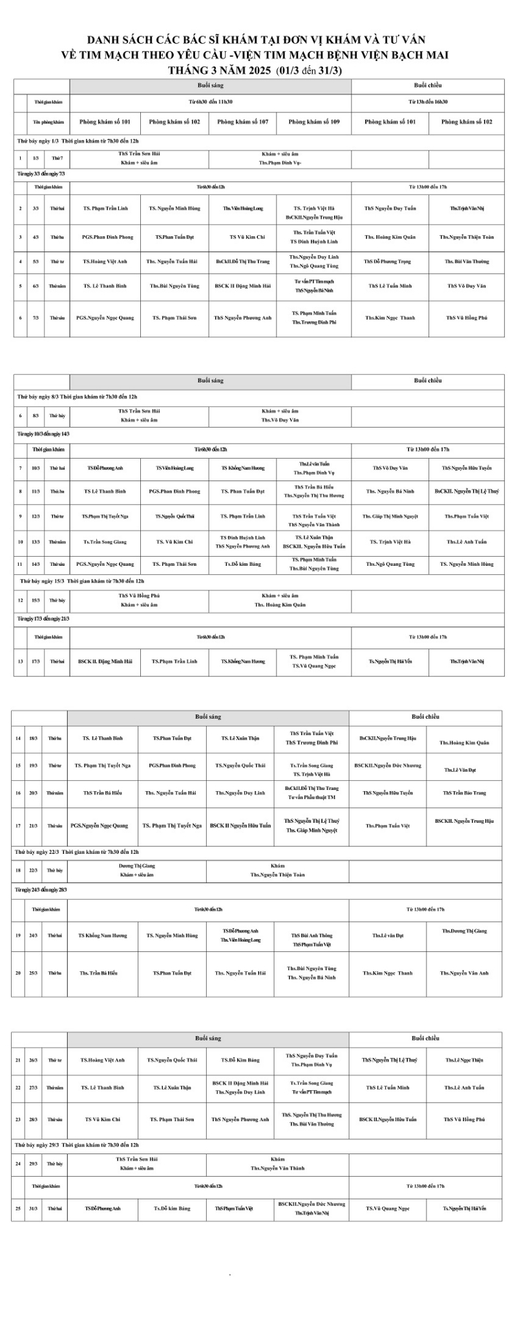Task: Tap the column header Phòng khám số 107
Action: click(243, 121)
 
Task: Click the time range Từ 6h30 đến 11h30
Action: click(211, 101)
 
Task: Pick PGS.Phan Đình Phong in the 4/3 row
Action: click(107, 237)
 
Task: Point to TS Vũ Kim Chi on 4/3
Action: click(243, 237)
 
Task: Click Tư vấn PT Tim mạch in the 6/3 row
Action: click(314, 282)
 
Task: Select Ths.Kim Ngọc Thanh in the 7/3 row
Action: click(390, 318)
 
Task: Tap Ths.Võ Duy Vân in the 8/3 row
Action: click(280, 420)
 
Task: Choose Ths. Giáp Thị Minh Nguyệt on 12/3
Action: click(390, 516)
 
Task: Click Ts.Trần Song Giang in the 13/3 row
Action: click(105, 542)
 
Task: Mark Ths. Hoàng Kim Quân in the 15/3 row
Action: click(280, 605)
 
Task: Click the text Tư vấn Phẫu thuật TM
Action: click(311, 797)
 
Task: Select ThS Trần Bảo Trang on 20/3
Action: click(464, 792)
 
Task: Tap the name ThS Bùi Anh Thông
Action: click(311, 935)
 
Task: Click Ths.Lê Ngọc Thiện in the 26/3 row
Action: click(464, 1060)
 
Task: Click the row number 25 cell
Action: click(18, 1208)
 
